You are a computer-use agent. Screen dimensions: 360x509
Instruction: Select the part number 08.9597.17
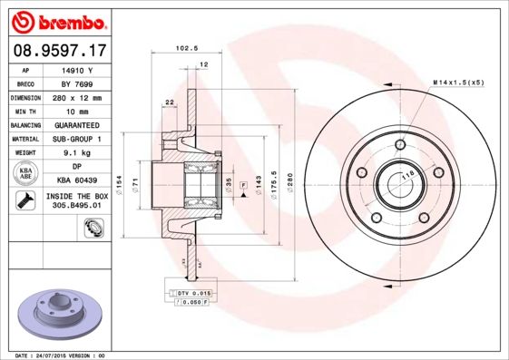pyautogui.click(x=57, y=51)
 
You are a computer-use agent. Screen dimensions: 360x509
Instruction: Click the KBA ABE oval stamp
pyautogui.click(x=26, y=173)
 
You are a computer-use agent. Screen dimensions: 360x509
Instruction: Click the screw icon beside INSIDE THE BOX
pyautogui.click(x=25, y=200)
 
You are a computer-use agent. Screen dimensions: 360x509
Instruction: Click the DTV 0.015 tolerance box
pyautogui.click(x=191, y=293)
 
